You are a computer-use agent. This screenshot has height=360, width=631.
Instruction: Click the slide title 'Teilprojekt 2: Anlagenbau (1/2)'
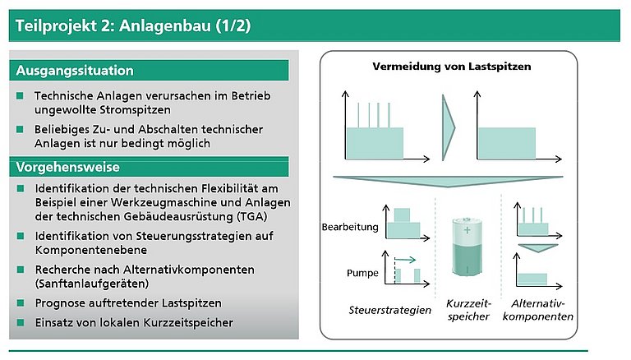133,25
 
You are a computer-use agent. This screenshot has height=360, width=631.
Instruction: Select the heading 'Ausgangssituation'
75,71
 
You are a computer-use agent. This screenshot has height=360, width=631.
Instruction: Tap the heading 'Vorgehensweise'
68,167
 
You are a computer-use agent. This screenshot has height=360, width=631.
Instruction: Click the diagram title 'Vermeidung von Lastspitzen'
452,67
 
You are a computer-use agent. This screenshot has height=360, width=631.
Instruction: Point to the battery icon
467,247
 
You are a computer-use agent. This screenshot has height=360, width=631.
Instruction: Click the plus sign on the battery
467,230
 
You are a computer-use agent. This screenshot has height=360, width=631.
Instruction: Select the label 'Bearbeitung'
350,227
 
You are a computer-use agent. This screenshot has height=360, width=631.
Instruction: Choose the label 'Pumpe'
362,273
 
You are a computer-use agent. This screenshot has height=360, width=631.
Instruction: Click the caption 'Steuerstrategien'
390,310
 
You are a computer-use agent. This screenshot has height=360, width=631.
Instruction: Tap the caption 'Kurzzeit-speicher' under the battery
468,310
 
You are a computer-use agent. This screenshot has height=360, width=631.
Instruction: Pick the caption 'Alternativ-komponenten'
538,310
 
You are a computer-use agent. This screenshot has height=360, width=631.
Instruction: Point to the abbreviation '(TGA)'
252,217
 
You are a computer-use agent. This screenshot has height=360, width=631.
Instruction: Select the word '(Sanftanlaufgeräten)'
92,284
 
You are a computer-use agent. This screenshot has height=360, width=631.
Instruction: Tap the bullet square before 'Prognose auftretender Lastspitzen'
21,302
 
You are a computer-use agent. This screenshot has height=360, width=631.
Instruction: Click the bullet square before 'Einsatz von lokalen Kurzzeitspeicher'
21,322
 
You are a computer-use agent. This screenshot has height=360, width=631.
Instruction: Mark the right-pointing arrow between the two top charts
449,128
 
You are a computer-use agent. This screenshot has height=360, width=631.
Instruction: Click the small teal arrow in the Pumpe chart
405,260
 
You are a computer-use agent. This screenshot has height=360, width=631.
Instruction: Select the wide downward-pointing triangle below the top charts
448,182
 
